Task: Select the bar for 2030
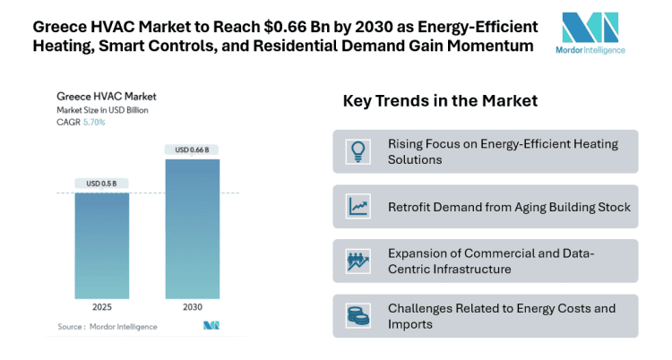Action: click(x=192, y=228)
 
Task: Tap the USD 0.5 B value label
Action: click(x=101, y=184)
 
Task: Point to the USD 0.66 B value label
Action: click(x=192, y=150)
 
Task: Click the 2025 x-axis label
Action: click(x=101, y=306)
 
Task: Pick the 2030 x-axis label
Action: click(x=192, y=306)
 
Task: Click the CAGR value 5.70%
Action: click(x=94, y=122)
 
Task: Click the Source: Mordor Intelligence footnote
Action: click(x=108, y=327)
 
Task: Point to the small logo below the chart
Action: click(x=212, y=325)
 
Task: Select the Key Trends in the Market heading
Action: click(x=440, y=101)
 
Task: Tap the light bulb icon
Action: click(x=358, y=151)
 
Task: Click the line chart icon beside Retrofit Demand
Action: click(x=358, y=207)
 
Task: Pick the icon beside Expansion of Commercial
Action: click(x=358, y=261)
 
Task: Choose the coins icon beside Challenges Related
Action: click(x=358, y=316)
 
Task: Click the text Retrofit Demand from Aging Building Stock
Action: click(x=509, y=207)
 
